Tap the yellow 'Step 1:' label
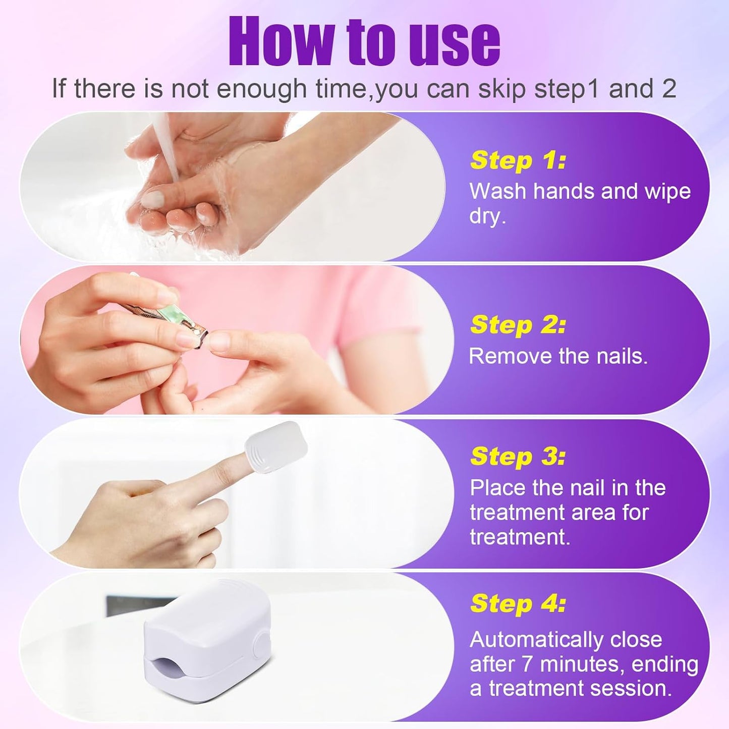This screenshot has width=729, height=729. coord(518,160)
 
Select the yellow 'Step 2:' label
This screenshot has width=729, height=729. coord(518,325)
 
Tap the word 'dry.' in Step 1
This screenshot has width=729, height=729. coord(488,217)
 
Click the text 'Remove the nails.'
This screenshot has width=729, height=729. coord(558,356)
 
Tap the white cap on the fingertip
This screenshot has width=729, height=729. coord(276,447)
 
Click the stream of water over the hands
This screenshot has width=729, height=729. coord(166,147)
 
